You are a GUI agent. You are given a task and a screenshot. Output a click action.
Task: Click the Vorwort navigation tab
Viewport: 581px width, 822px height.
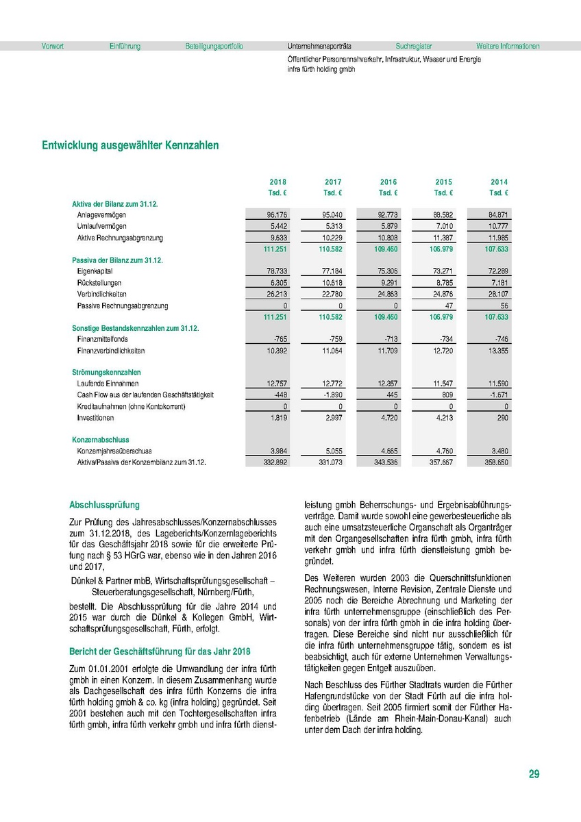53,47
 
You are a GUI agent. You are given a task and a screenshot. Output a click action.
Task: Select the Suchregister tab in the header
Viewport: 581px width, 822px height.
414,47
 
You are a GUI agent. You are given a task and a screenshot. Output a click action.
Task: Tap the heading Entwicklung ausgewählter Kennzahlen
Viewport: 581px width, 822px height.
130,145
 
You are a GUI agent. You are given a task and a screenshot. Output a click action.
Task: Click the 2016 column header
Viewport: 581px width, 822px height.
388,182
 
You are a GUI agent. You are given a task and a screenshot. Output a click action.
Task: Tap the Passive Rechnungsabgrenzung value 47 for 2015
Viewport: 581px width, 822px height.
448,306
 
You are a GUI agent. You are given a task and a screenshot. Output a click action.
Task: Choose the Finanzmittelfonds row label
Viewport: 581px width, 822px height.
102,339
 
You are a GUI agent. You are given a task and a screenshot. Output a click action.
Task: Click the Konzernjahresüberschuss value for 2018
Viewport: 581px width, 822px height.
277,451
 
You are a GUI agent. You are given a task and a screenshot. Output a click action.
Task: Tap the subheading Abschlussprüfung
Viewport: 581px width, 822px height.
104,506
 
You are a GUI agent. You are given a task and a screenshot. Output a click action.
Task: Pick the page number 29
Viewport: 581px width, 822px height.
534,775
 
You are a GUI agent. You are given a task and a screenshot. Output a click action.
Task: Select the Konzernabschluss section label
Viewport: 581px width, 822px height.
101,440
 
